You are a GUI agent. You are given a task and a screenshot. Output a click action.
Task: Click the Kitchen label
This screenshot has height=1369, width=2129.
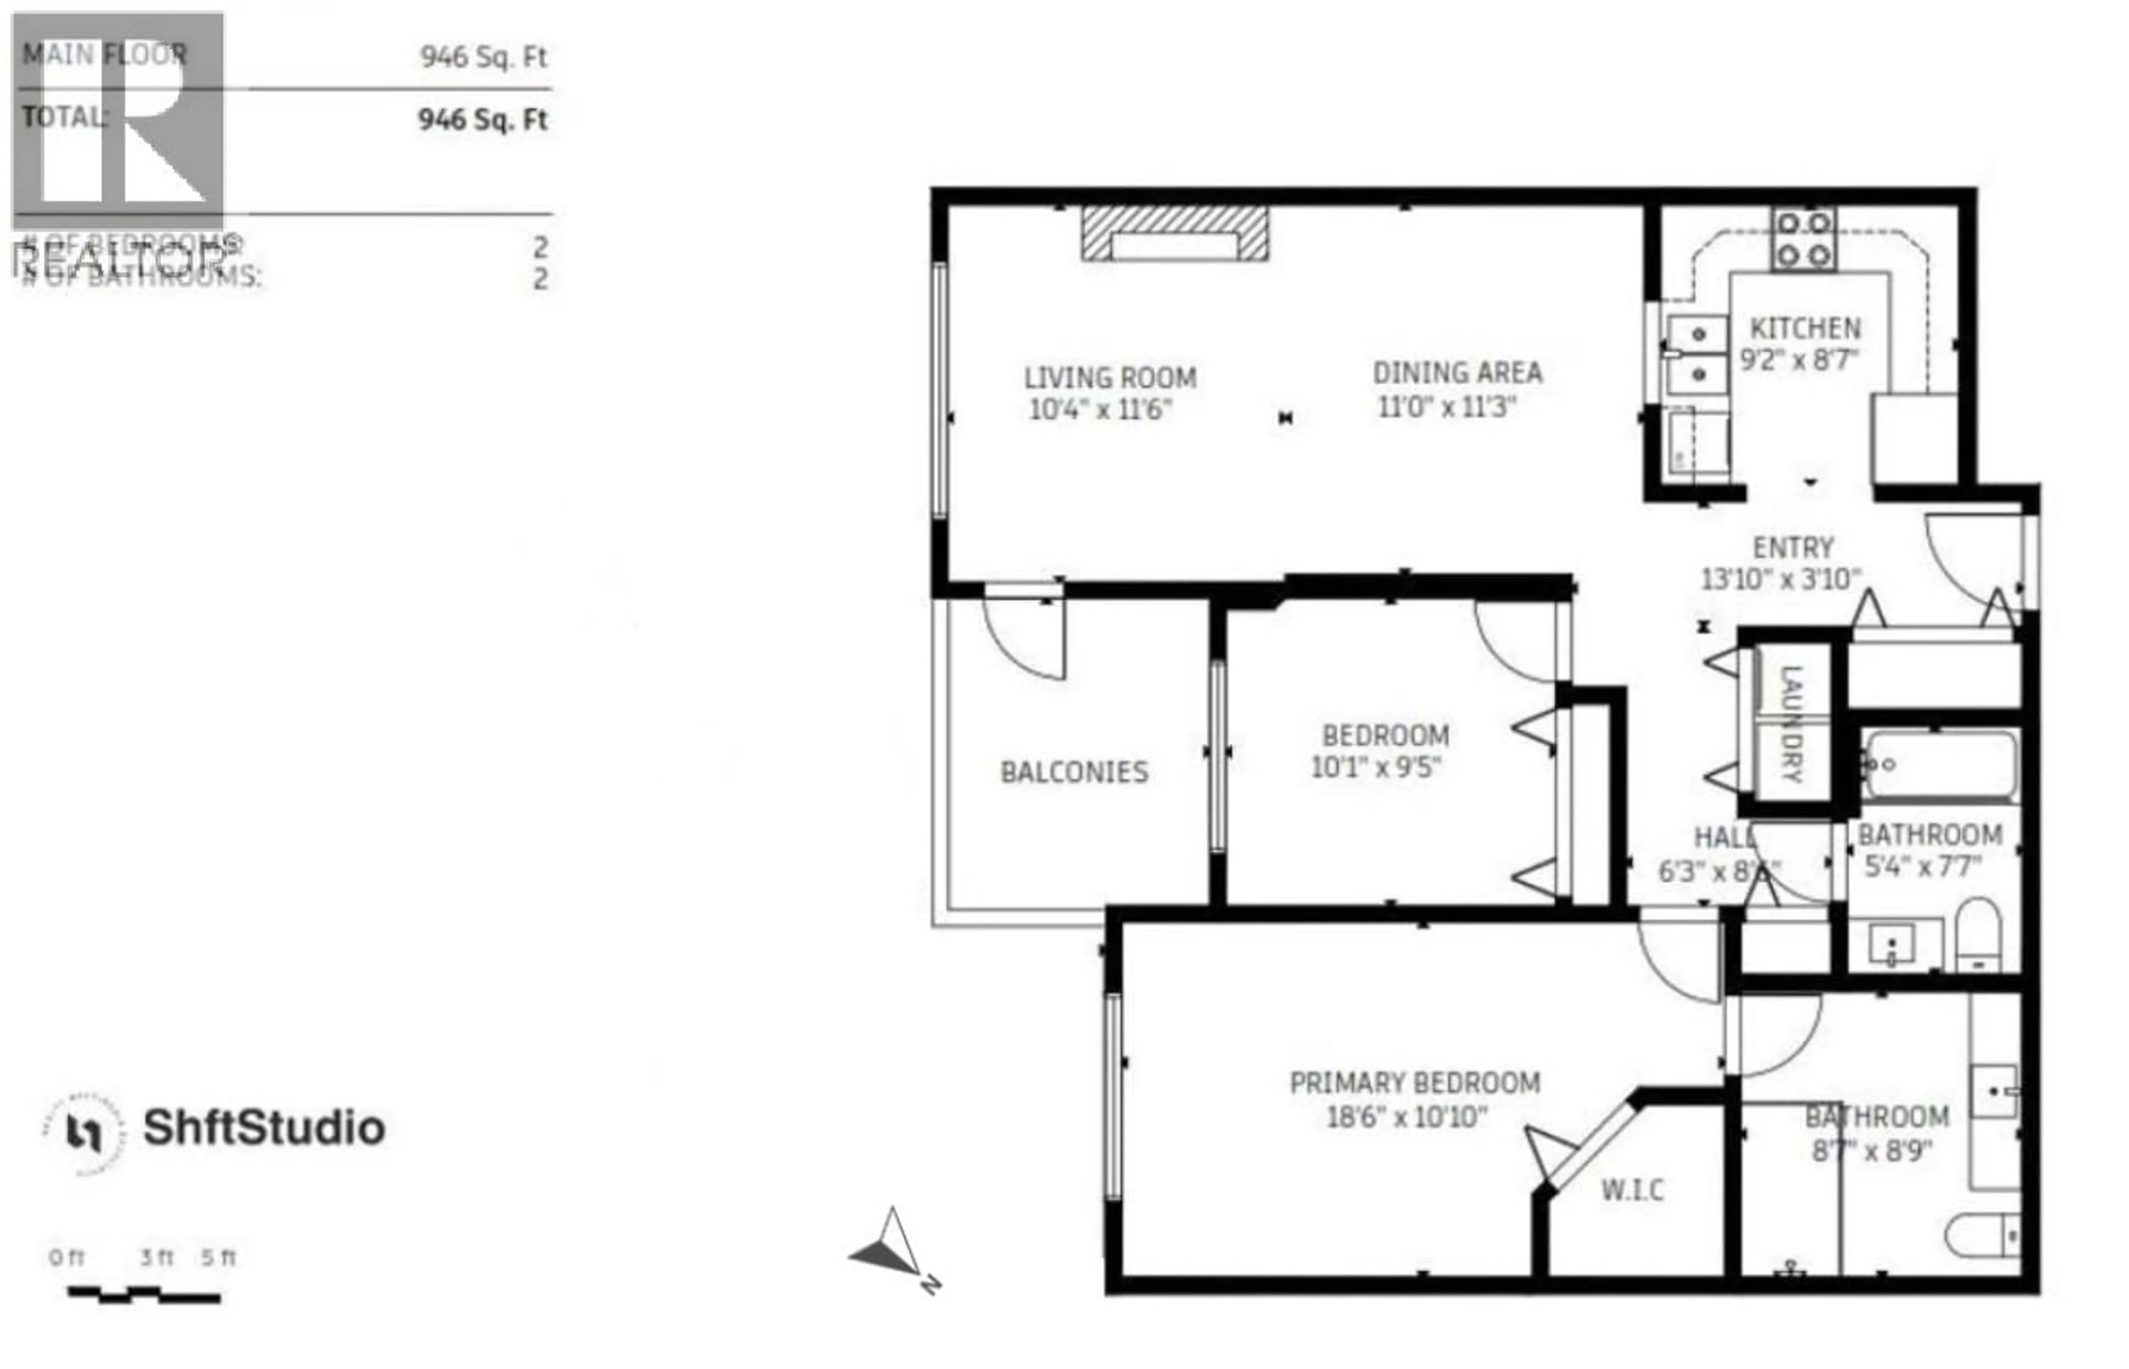(1805, 329)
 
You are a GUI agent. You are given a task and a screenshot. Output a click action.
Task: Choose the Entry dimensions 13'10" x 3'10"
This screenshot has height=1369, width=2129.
(1780, 579)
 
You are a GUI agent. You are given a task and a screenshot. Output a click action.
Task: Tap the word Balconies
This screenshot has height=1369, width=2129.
(1074, 772)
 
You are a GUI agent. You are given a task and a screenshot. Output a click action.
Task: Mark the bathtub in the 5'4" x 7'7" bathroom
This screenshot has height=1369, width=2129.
(1939, 765)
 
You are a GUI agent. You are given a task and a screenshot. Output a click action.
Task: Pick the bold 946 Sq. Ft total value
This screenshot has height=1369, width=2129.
(483, 119)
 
